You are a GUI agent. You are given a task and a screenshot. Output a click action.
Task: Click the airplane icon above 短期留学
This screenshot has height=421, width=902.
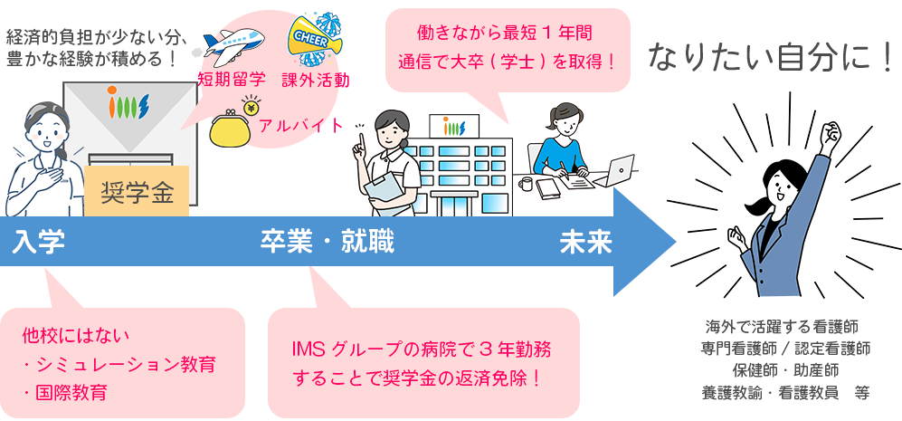[232, 44]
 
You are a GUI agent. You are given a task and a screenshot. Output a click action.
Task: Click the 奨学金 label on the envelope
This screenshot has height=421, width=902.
[138, 193]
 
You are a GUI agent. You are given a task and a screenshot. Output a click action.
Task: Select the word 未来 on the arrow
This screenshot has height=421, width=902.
[585, 243]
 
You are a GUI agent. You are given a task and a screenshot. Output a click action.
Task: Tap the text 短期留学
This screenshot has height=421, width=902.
[232, 80]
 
